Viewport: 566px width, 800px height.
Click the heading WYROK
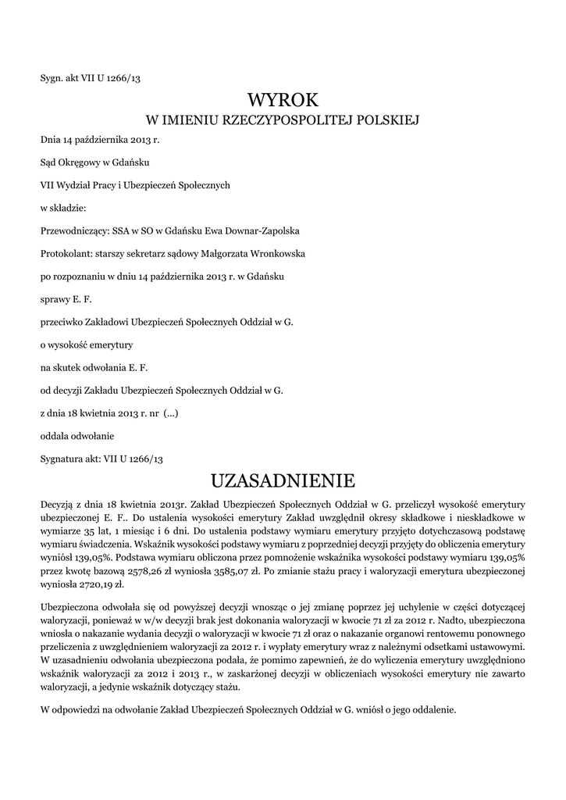tap(283, 100)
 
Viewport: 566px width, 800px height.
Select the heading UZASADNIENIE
tap(283, 478)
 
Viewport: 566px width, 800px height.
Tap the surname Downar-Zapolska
tap(251, 231)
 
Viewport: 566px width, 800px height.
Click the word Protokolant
tap(65, 254)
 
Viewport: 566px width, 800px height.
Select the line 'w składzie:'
tap(64, 209)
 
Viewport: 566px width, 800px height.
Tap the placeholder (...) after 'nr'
tap(170, 412)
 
